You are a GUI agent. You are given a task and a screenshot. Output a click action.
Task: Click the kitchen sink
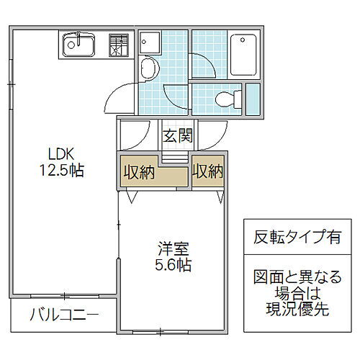[78, 46]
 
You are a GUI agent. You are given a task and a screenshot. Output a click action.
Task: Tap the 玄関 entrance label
[176, 135]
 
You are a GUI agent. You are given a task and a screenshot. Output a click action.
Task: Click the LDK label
[61, 154]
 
